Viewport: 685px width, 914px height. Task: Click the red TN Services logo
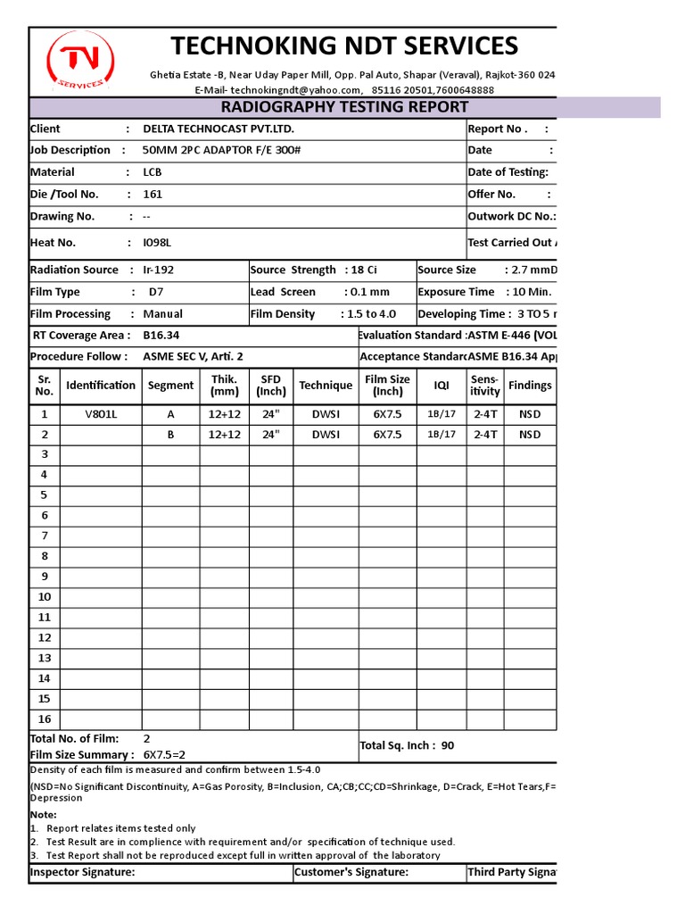(x=79, y=62)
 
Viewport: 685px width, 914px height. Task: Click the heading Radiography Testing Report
(x=344, y=107)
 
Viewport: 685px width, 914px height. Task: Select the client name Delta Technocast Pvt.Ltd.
(x=219, y=129)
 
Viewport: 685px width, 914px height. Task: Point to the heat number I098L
(x=157, y=243)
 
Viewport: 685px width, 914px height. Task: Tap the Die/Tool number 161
(x=153, y=195)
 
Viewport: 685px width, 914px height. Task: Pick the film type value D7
(x=156, y=292)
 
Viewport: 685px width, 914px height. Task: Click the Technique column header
(x=326, y=386)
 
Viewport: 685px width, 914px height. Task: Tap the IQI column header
(x=442, y=386)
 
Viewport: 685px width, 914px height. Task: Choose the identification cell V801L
(x=100, y=414)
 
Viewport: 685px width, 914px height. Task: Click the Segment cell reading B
(x=170, y=435)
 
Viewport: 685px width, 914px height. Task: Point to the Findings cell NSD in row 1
(x=530, y=414)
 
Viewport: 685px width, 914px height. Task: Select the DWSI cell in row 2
(x=326, y=435)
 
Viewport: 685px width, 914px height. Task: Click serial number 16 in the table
(x=45, y=719)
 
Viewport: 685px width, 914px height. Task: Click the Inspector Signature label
(x=83, y=872)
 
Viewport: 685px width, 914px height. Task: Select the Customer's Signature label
(x=351, y=872)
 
